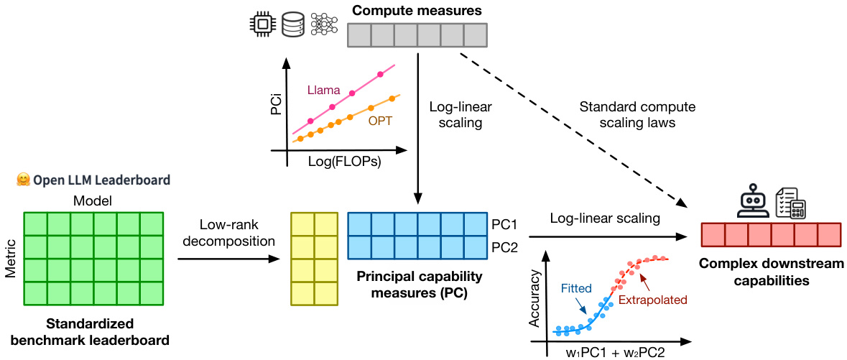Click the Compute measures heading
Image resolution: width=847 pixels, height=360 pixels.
click(416, 11)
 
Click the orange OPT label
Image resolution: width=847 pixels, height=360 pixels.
click(380, 121)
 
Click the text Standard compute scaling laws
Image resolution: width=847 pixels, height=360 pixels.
click(637, 115)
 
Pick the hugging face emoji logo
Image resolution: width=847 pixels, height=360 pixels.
click(22, 180)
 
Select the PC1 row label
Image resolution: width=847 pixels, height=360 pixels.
click(505, 224)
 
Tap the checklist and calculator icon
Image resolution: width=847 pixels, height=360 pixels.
click(790, 203)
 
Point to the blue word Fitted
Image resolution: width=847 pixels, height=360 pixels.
click(576, 289)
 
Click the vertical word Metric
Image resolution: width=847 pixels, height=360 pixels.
click(10, 257)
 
